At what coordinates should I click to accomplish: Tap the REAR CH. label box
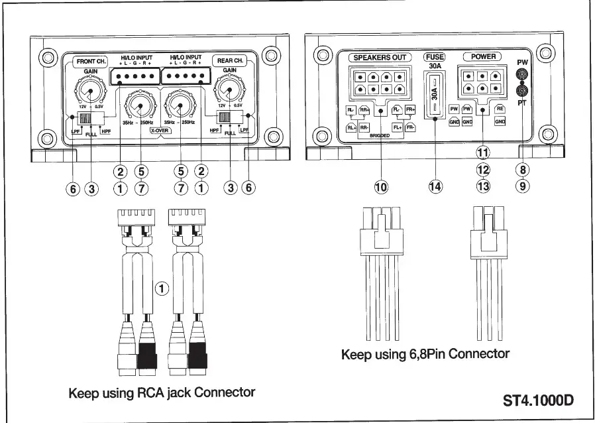(230, 61)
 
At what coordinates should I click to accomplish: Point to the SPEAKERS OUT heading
(380, 58)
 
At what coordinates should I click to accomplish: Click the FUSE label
(435, 58)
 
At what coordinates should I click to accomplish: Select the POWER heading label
(483, 57)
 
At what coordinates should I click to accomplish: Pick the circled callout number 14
(435, 187)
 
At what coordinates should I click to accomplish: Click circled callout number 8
(523, 170)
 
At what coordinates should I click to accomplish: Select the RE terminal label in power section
(500, 108)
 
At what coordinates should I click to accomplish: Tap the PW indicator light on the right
(522, 74)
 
